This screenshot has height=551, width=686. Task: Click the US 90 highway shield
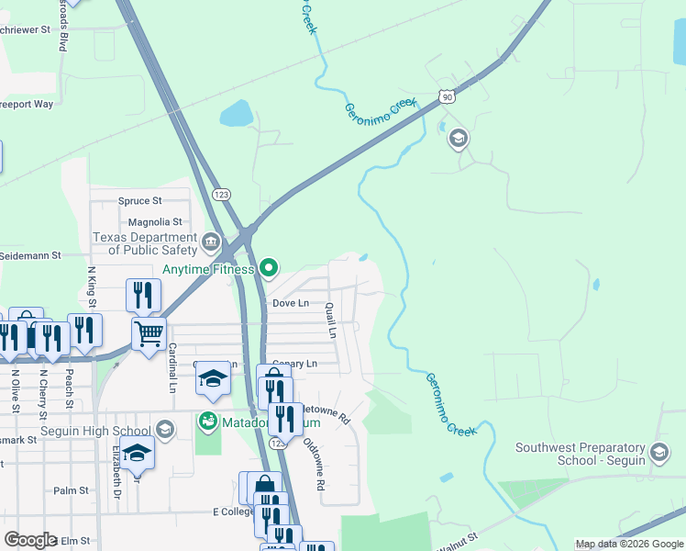(446, 96)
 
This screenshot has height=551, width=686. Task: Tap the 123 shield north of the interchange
(221, 195)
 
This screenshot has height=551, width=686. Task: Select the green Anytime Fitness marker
(268, 269)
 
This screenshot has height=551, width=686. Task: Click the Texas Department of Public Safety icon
(211, 244)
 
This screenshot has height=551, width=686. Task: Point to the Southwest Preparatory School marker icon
(658, 452)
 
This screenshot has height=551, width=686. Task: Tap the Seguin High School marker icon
(164, 430)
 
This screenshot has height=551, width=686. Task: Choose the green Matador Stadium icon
(208, 422)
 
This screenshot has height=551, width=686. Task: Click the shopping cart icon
(149, 332)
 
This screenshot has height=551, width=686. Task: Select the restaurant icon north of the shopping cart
(143, 294)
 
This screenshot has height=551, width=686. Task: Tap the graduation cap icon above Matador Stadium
(212, 379)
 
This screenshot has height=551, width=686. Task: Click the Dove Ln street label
(290, 303)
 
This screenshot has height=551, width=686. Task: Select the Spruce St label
(139, 200)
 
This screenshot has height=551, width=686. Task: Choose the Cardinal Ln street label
(171, 367)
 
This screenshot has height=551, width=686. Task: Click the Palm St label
(71, 490)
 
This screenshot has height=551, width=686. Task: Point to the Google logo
(31, 540)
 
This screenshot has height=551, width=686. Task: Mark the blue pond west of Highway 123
(236, 113)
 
